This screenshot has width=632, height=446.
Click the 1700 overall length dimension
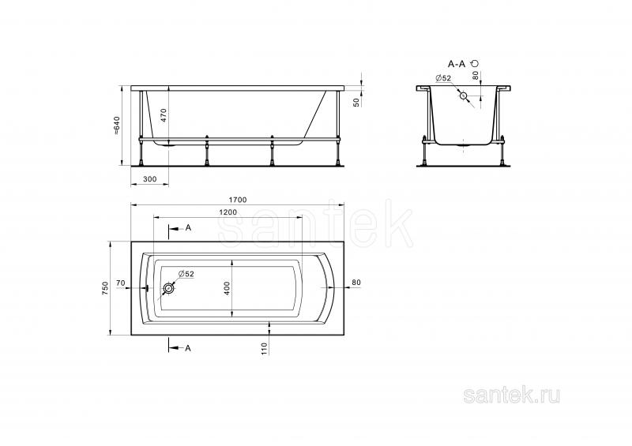tap(238, 200)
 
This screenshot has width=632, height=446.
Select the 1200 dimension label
tap(228, 212)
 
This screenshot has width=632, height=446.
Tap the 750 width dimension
tap(106, 288)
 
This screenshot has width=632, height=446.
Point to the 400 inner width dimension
tap(227, 288)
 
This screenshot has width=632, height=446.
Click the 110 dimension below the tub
tap(265, 348)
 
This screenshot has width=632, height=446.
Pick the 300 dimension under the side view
tap(149, 179)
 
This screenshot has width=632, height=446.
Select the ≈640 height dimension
tap(117, 125)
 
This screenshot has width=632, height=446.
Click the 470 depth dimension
tap(164, 115)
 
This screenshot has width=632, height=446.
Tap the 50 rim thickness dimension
tap(356, 103)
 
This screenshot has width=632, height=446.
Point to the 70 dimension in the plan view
tap(121, 283)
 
